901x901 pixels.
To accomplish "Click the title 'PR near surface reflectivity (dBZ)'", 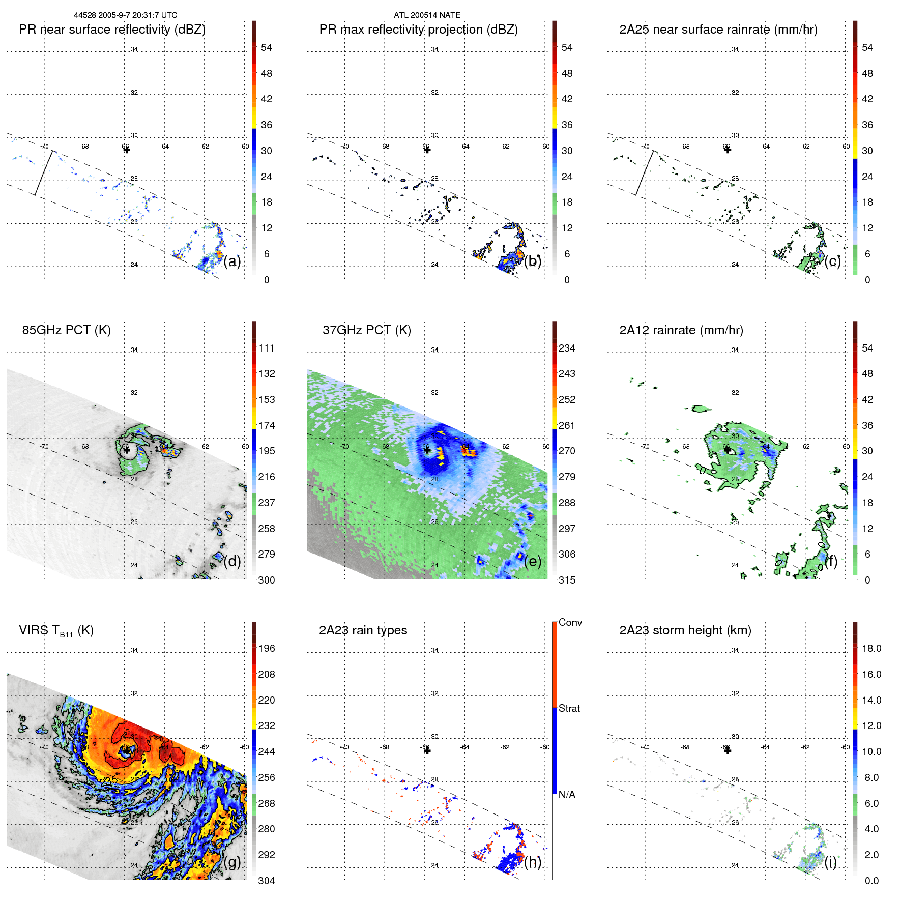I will click(112, 30).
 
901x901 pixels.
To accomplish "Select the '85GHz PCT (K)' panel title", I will click(66, 330).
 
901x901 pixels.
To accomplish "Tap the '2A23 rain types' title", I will click(363, 630).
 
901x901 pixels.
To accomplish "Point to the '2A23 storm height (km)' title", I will click(685, 630).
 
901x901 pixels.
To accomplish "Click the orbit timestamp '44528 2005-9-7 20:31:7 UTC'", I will click(126, 15).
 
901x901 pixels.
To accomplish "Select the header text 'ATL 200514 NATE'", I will click(427, 15).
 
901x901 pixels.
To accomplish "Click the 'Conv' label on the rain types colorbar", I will click(570, 623).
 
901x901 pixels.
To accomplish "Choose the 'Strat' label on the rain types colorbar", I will click(569, 709).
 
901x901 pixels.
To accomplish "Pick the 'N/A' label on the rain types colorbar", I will click(567, 795).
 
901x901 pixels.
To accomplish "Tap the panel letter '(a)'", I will click(232, 261).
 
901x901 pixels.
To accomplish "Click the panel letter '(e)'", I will click(533, 562).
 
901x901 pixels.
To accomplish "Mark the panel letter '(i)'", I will click(830, 862).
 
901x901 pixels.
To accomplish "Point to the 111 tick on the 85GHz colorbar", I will click(267, 348).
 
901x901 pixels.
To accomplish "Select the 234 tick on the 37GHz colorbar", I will click(567, 348).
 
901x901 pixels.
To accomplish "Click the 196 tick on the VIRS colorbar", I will click(267, 649).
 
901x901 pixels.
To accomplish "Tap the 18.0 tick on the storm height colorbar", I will click(871, 649).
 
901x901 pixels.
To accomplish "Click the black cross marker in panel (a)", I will click(127, 150).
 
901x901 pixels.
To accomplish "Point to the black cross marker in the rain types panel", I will click(427, 751).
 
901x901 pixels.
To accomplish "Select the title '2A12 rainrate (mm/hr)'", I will click(681, 330).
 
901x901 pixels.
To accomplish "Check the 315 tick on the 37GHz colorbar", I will click(567, 580).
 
